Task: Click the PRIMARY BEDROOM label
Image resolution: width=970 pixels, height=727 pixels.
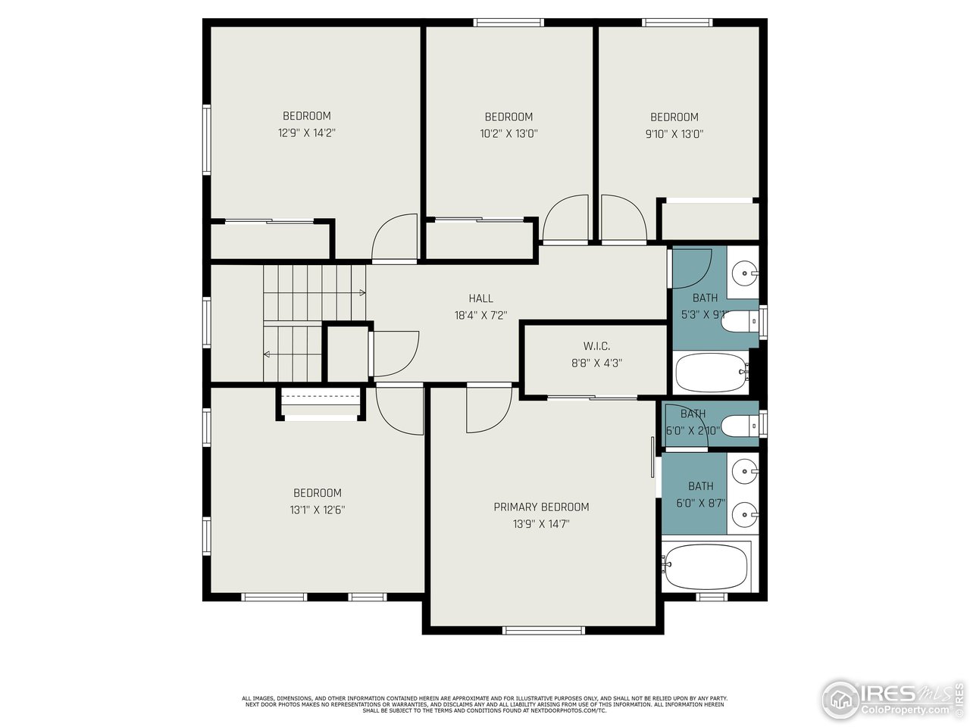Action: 541,507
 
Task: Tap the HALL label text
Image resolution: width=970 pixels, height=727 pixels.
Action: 480,298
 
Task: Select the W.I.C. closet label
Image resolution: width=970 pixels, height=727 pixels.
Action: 596,346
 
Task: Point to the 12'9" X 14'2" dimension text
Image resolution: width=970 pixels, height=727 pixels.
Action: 307,133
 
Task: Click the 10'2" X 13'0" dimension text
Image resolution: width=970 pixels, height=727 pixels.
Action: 508,133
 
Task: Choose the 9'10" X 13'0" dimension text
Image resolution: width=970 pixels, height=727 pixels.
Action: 674,133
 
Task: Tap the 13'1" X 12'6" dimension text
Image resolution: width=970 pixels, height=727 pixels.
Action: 318,510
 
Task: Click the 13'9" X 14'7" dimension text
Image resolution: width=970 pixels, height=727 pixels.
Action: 541,523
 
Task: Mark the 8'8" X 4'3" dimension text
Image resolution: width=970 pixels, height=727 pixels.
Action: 596,363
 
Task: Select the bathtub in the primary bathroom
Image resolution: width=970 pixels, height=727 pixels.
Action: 706,566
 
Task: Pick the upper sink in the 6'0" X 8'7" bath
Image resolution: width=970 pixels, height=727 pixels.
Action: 746,471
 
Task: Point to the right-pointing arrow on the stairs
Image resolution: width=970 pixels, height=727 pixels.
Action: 361,292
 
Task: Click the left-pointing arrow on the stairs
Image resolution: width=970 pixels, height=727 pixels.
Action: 268,354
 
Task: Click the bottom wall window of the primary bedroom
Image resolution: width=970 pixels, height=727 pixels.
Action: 543,630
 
